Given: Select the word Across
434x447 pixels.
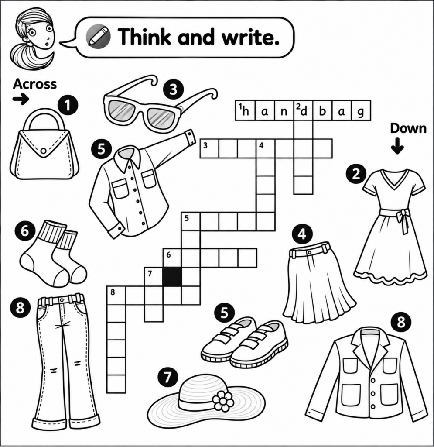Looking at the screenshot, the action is [x=35, y=84].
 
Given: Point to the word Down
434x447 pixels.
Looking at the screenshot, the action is [x=408, y=128].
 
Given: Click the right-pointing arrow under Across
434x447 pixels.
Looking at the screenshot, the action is [x=21, y=99].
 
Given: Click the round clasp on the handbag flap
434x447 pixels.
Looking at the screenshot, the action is [x=43, y=151].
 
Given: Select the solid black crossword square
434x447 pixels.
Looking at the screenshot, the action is [x=172, y=276].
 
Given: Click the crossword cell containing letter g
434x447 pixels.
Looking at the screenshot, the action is [x=361, y=110].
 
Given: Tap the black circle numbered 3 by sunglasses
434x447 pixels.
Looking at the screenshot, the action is [x=174, y=89].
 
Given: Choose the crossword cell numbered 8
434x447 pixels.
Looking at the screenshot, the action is [x=116, y=296].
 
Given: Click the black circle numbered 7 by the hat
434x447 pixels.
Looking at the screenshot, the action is [x=168, y=377].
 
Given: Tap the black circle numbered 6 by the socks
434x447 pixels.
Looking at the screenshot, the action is [x=25, y=231].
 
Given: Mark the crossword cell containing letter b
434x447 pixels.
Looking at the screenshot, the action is [x=322, y=110].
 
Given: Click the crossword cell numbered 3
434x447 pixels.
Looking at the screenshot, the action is [x=209, y=148].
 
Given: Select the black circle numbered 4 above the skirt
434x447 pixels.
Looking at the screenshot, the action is [x=302, y=234].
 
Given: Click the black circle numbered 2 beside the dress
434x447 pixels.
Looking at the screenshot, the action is [x=356, y=174].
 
